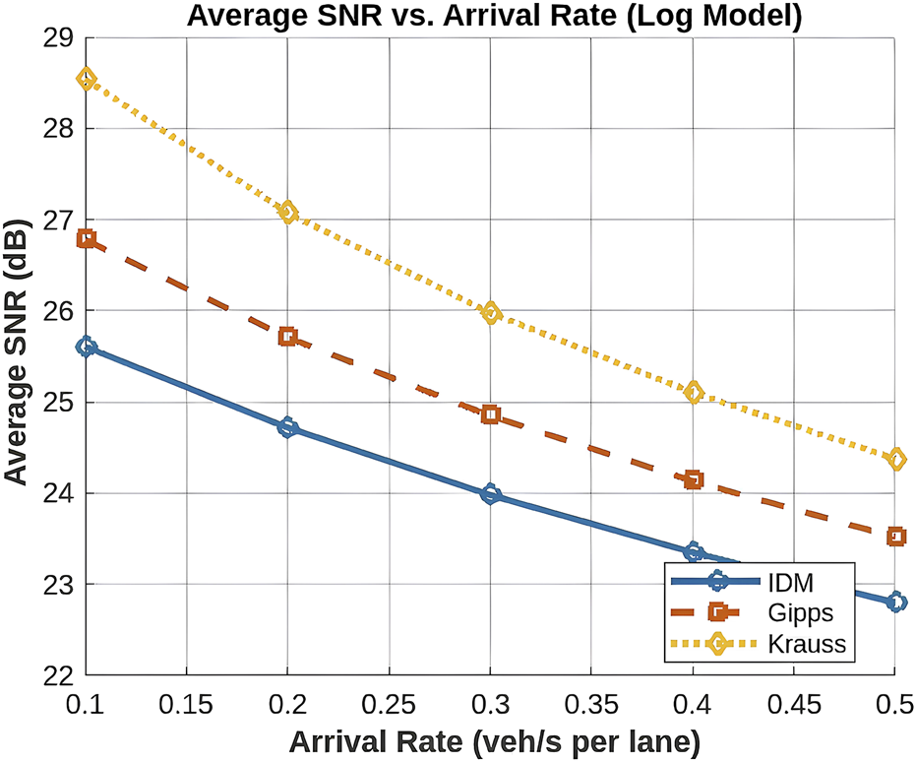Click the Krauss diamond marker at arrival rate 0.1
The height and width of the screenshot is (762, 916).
click(x=87, y=79)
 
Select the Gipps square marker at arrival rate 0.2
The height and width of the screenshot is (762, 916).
click(x=288, y=337)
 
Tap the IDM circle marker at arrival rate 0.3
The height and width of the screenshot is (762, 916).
click(x=491, y=494)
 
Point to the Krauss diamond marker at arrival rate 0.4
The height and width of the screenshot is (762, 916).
click(x=694, y=393)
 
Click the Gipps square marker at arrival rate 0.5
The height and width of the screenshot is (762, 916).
click(x=895, y=537)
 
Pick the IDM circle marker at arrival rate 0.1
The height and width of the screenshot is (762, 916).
click(x=87, y=347)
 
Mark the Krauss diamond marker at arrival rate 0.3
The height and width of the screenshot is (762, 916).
click(x=491, y=313)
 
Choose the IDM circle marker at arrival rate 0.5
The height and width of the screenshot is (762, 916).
click(x=895, y=603)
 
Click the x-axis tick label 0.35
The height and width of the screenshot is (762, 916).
click(x=592, y=706)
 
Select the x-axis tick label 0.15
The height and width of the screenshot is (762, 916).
click(x=187, y=706)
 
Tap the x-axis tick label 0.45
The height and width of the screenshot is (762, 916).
click(x=794, y=706)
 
